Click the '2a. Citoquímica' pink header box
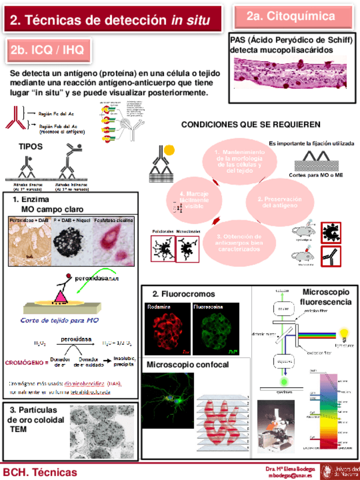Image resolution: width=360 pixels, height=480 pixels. [x=290, y=16]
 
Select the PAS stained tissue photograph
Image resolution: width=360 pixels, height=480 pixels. [x=294, y=73]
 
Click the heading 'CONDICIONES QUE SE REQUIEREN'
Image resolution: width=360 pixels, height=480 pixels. [x=250, y=125]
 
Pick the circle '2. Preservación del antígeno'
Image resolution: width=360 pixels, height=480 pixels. [x=279, y=202]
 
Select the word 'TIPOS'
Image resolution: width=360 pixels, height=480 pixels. [x=31, y=146]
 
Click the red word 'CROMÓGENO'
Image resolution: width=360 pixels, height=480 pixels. [x=24, y=362]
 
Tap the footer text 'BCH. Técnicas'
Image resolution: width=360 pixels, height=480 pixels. [x=40, y=472]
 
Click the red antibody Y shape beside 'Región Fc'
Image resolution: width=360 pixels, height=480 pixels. [x=15, y=118]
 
